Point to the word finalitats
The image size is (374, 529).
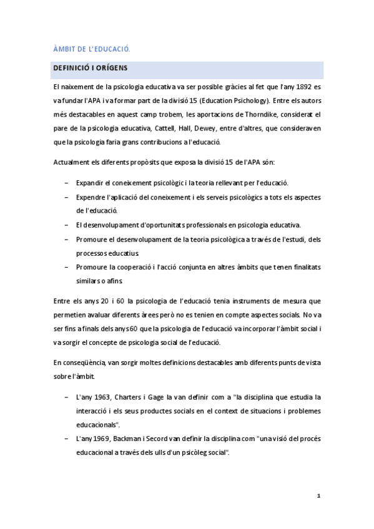[302, 266]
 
